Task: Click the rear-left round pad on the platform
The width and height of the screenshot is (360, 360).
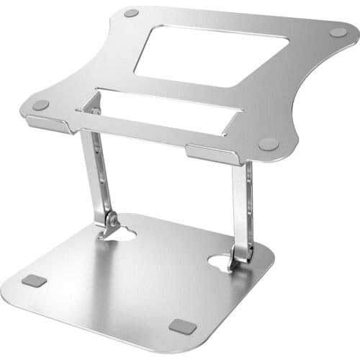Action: pos(131,13)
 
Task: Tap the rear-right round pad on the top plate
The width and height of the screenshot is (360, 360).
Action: pos(338,32)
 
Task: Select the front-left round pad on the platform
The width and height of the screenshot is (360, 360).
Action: pos(41,105)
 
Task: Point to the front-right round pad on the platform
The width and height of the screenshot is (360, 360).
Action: pos(269,144)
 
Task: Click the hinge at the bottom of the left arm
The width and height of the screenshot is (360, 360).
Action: pos(110,222)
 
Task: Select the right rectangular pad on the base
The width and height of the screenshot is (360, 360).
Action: pos(183,326)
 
